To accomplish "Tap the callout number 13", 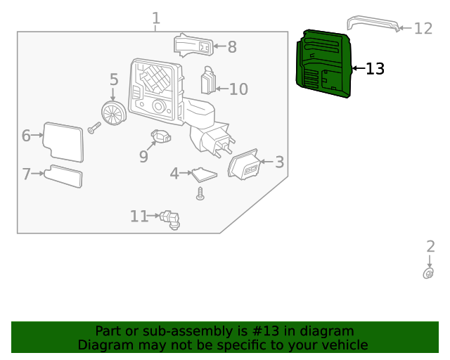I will click(x=375, y=68).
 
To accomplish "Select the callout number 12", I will click(x=423, y=28).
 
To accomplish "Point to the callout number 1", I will click(x=156, y=18).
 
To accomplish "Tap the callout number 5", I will click(x=114, y=80).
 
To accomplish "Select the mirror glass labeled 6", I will click(x=63, y=141).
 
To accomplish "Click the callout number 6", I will click(x=26, y=136).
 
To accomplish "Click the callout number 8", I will click(x=231, y=47).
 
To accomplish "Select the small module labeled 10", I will click(x=209, y=81).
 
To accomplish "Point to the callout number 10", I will click(x=238, y=89).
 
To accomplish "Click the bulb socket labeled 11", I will click(x=169, y=219).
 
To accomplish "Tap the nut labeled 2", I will click(x=428, y=274).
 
